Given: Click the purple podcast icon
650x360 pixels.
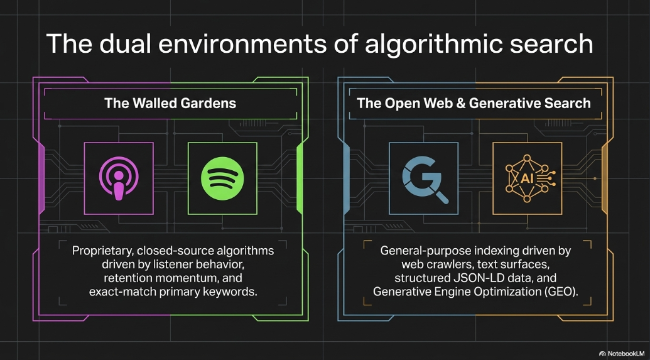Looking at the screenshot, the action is point(119,178).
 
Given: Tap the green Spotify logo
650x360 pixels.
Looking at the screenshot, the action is point(222,178).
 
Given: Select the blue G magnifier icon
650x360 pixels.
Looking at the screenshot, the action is point(424,179).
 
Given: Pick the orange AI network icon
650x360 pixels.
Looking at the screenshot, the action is point(527,178).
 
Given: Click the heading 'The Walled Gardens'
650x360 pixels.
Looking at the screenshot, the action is point(170,103).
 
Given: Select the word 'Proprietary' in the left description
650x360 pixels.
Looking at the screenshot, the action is point(102,251).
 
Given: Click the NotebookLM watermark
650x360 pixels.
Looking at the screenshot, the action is point(622,353).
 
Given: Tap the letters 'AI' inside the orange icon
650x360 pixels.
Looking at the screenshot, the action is point(527,179).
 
